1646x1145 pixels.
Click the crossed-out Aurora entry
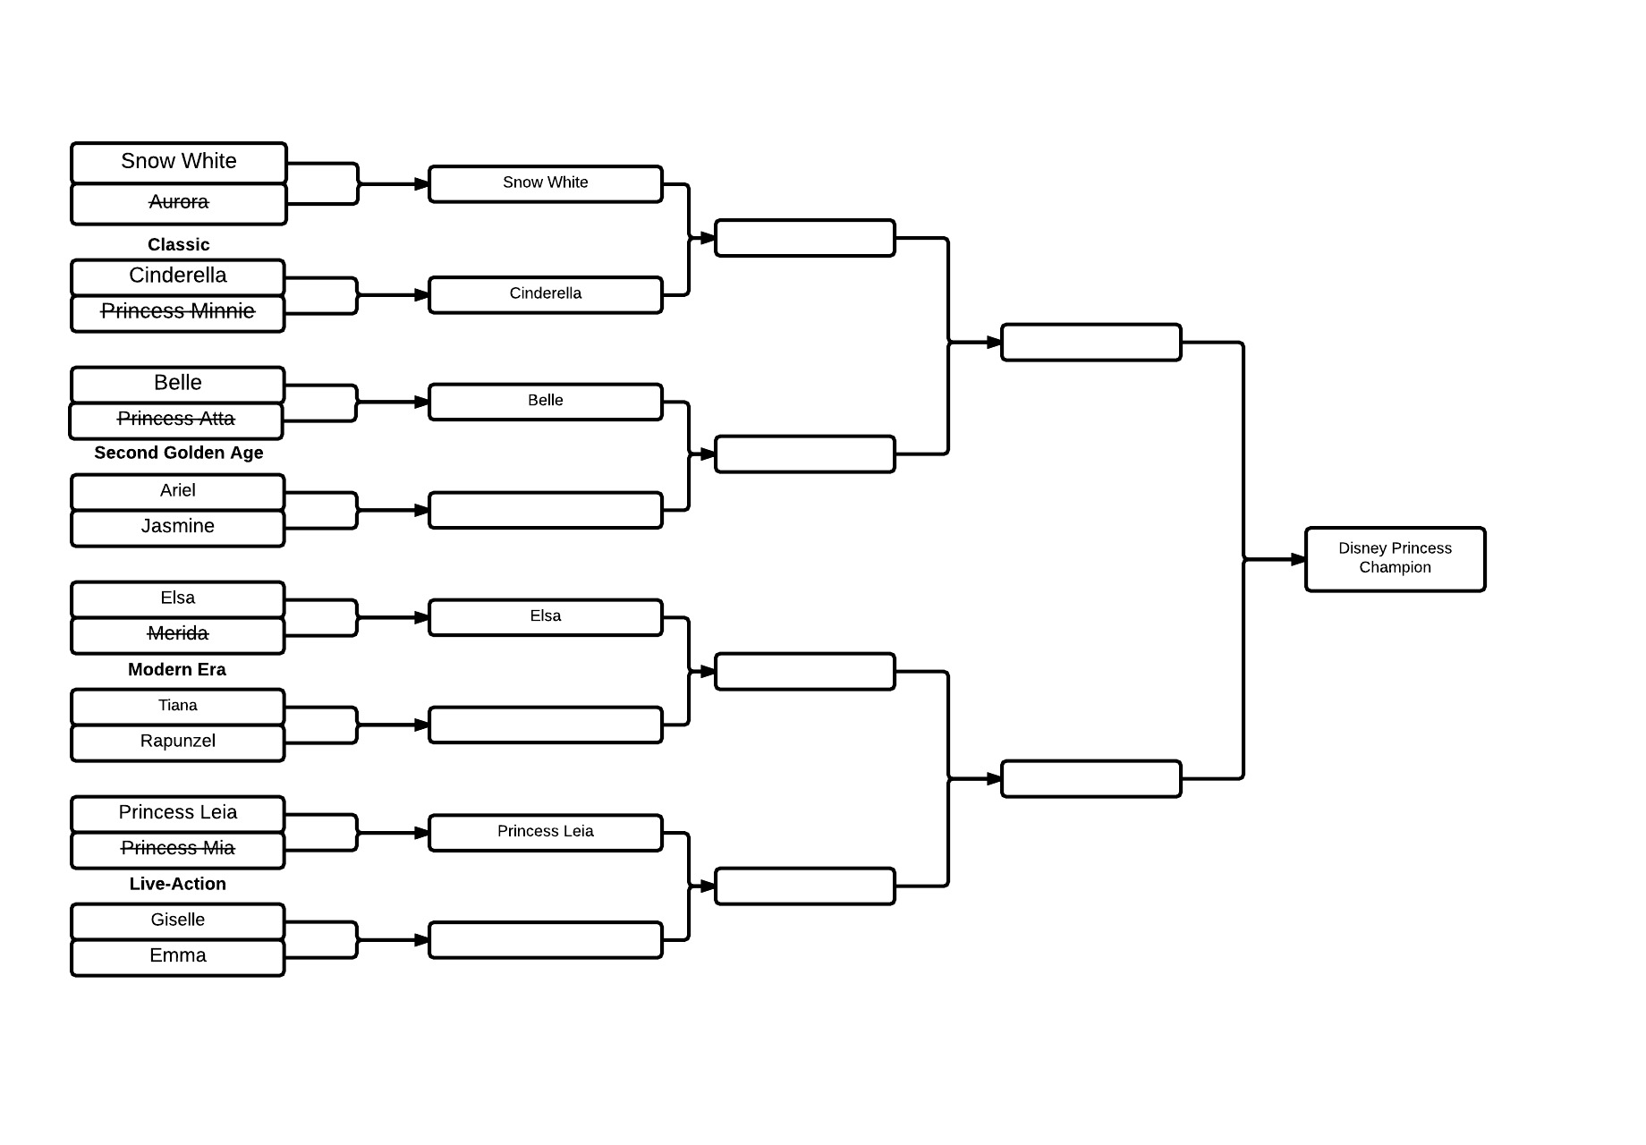[x=179, y=204]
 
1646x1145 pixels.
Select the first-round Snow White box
[x=179, y=163]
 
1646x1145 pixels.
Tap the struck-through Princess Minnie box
[x=178, y=313]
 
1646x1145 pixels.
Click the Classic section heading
[x=179, y=244]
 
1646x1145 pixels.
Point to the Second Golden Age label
[x=179, y=453]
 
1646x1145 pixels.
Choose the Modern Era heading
[x=177, y=669]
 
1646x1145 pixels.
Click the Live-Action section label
[x=178, y=884]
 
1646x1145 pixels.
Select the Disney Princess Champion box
[x=1396, y=559]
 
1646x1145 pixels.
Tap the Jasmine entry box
[x=178, y=528]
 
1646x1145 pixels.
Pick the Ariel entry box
[x=178, y=492]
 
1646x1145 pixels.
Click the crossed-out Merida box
[x=178, y=635]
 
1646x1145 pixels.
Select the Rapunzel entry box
[x=178, y=742]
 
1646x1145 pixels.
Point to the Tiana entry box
[x=178, y=707]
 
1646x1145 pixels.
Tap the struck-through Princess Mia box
[x=178, y=850]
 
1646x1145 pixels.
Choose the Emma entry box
[x=178, y=957]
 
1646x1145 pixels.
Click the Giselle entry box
[x=178, y=921]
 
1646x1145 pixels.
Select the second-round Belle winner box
[x=546, y=402]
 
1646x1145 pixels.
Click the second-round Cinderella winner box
[x=546, y=294]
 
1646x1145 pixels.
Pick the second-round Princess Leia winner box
[x=546, y=832]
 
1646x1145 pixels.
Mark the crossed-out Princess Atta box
[x=176, y=420]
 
